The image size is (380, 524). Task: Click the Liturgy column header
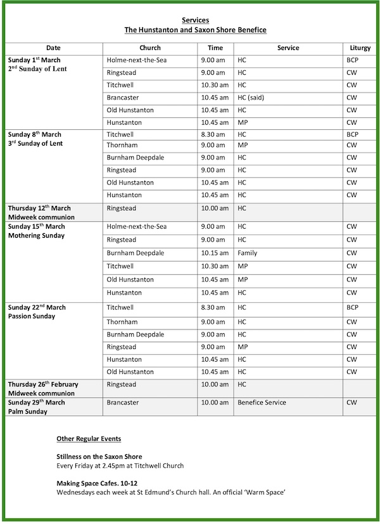pyautogui.click(x=360, y=48)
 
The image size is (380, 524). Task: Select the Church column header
pyautogui.click(x=150, y=48)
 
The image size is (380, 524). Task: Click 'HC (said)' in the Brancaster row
pyautogui.click(x=252, y=98)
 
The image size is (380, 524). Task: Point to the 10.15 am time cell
pyautogui.click(x=214, y=253)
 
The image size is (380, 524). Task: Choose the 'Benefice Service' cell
pyautogui.click(x=262, y=402)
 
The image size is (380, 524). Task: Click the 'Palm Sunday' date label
pyautogui.click(x=28, y=411)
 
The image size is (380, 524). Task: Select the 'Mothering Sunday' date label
pyautogui.click(x=37, y=236)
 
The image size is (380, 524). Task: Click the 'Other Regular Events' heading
pyautogui.click(x=89, y=438)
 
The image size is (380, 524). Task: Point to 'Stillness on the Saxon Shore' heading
pyautogui.click(x=99, y=456)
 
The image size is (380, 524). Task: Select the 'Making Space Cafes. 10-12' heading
pyautogui.click(x=95, y=483)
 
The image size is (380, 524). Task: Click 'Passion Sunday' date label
pyautogui.click(x=32, y=316)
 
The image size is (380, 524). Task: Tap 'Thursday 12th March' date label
pyautogui.click(x=39, y=208)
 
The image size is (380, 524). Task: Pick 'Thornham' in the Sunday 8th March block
pyautogui.click(x=122, y=145)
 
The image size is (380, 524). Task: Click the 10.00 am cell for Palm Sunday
pyautogui.click(x=214, y=402)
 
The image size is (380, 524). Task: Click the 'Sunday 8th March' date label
pyautogui.click(x=35, y=134)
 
